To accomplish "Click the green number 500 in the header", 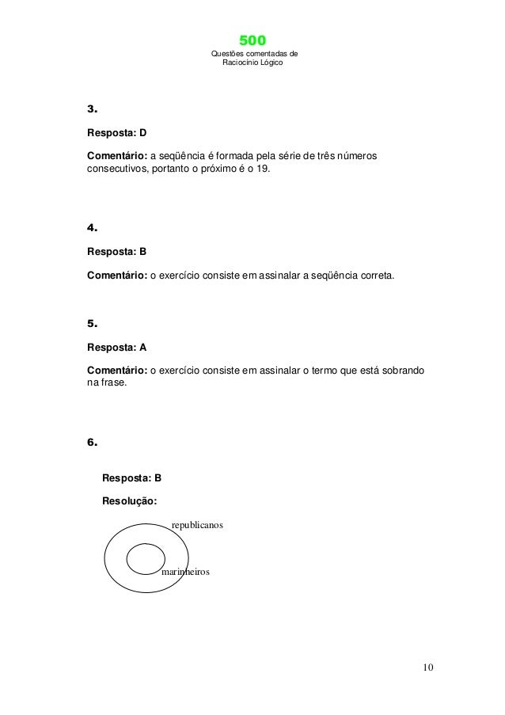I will pyautogui.click(x=252, y=40).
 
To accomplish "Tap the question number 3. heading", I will pyautogui.click(x=92, y=108).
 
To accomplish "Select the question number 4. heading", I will pyautogui.click(x=92, y=228).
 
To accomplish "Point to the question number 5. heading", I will pyautogui.click(x=92, y=324).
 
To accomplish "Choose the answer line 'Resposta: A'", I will pyautogui.click(x=116, y=347).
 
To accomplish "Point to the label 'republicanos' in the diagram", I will pyautogui.click(x=198, y=526).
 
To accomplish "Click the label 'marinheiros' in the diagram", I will pyautogui.click(x=185, y=570).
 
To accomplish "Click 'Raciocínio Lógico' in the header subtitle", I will pyautogui.click(x=253, y=62).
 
